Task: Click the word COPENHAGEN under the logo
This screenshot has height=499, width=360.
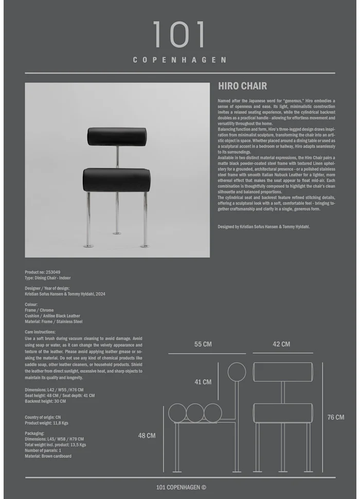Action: [179, 60]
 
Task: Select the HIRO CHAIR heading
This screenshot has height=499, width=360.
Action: [242, 86]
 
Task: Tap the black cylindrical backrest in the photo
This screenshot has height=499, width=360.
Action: [117, 136]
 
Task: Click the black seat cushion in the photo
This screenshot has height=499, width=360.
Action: [116, 180]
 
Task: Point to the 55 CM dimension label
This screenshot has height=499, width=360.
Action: [203, 344]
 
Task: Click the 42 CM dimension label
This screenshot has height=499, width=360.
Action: [281, 344]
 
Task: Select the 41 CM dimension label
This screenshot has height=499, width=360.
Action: [203, 382]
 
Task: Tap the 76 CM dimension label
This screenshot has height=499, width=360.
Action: [336, 417]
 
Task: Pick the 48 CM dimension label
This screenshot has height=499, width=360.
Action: [147, 435]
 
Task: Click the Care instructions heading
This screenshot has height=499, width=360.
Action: [40, 332]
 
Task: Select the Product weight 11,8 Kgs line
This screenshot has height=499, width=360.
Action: [46, 423]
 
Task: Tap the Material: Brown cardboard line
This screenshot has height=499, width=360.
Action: [48, 456]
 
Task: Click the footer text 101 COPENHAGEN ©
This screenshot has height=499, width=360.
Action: [181, 487]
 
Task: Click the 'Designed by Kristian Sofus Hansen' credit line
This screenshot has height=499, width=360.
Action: [264, 226]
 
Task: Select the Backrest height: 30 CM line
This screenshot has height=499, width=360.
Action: [45, 401]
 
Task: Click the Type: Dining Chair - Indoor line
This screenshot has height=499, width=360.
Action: [48, 278]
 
